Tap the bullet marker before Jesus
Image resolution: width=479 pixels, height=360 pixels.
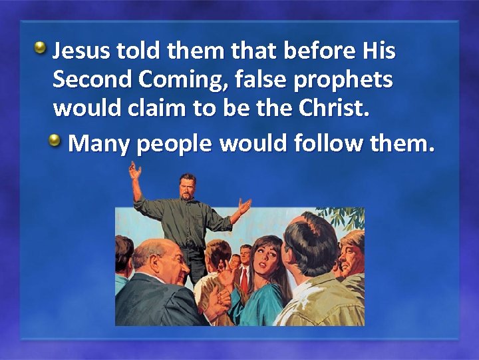click(x=41, y=47)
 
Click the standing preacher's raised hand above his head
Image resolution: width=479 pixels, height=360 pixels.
click(x=135, y=172)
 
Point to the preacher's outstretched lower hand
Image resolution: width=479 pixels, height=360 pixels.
click(x=244, y=207)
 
